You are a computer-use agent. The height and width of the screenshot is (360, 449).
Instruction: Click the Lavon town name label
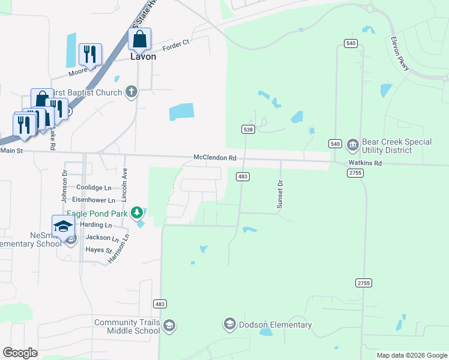(x=143, y=56)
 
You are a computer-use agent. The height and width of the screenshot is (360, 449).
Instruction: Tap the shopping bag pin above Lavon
(x=139, y=40)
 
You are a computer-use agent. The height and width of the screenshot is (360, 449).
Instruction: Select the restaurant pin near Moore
(x=90, y=55)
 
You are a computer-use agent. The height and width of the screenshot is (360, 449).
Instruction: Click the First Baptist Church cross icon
(x=131, y=92)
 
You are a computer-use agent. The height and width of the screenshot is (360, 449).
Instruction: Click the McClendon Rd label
(x=215, y=158)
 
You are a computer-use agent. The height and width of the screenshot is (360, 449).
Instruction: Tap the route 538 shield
(x=247, y=129)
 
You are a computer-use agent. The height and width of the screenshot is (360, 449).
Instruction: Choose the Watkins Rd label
(x=365, y=163)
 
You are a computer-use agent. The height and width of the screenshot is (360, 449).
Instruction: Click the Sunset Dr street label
(x=280, y=194)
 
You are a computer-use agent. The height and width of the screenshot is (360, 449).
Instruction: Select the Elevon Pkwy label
(x=400, y=55)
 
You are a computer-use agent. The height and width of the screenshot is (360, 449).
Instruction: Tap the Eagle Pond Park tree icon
(x=137, y=212)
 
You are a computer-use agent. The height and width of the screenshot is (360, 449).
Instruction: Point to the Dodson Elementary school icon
(x=229, y=325)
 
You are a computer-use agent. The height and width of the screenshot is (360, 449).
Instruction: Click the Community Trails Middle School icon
(x=169, y=325)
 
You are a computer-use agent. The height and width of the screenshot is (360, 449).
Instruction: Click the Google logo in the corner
(x=20, y=353)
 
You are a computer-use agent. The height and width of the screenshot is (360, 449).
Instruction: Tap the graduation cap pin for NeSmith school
(x=63, y=226)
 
